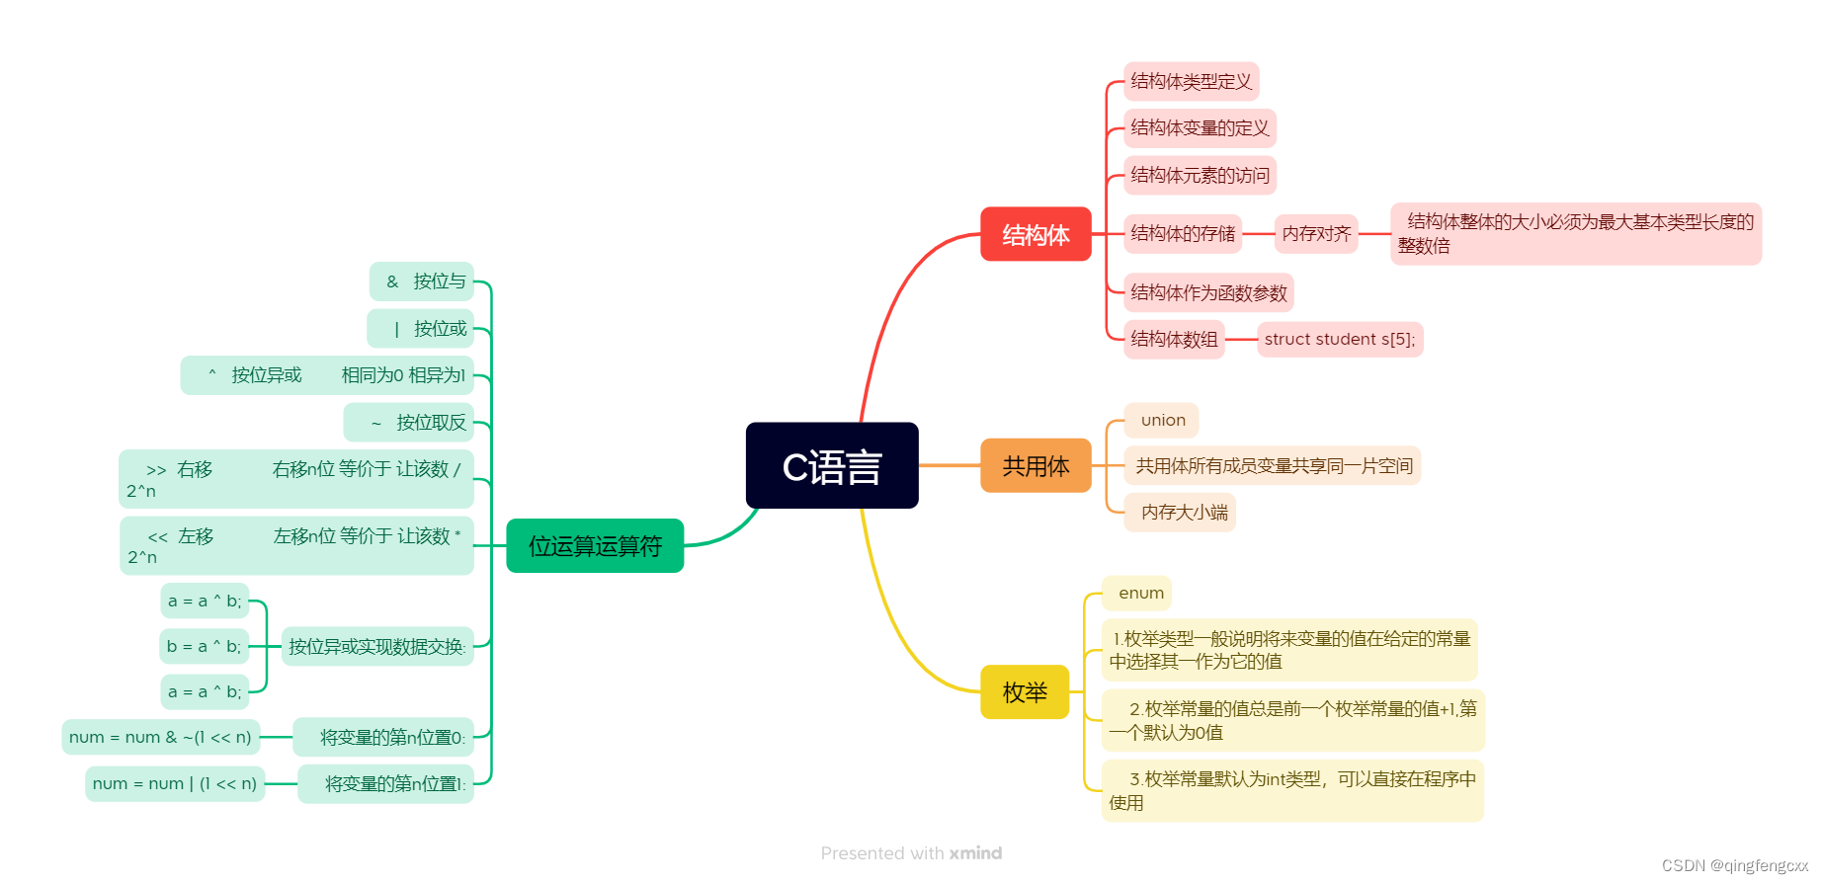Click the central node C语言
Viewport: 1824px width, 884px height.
pos(832,466)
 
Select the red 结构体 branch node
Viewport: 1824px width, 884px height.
pos(1036,234)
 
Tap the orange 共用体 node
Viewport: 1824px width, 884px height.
pos(1036,465)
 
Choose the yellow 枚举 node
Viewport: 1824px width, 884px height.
pos(1025,691)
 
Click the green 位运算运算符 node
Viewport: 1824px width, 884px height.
pos(595,545)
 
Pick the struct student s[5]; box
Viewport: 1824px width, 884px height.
pos(1339,339)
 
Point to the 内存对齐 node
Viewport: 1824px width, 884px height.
pos(1316,234)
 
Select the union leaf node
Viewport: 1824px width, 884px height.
pos(1162,420)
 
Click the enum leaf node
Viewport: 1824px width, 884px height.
pos(1140,593)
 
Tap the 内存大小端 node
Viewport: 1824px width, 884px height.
pos(1183,512)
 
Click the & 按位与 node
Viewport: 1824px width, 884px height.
pos(423,281)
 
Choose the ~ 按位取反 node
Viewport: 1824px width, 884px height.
pos(409,423)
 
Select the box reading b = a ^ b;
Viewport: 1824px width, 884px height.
pos(204,646)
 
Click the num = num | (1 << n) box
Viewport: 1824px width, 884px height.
pos(175,783)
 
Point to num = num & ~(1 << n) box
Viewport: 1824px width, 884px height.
pos(160,737)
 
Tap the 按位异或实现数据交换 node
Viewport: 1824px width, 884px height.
pos(376,646)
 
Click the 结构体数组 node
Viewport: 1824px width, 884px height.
pos(1174,339)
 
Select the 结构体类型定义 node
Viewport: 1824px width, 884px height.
pos(1191,81)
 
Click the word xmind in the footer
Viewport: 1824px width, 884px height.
pos(975,852)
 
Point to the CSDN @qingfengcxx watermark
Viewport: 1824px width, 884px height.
pos(1734,865)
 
